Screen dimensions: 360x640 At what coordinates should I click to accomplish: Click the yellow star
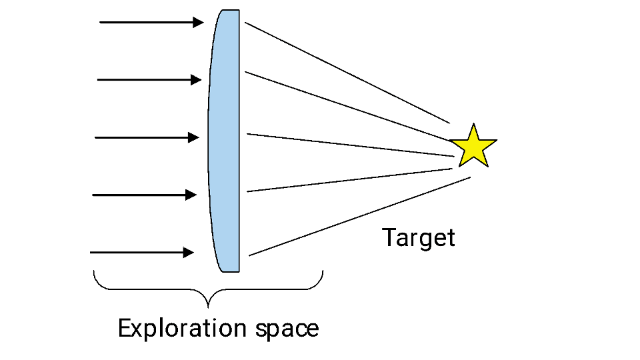[473, 147]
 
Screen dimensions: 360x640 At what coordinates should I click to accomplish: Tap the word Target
[419, 237]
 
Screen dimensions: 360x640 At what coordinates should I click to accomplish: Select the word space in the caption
[287, 329]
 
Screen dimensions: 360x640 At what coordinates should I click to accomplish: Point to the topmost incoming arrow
[151, 23]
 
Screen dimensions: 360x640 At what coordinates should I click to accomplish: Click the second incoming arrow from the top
[149, 80]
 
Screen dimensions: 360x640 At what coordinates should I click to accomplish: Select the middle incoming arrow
[147, 138]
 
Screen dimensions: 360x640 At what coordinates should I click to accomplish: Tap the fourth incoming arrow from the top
[144, 195]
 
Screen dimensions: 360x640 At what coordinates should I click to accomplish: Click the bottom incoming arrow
[141, 253]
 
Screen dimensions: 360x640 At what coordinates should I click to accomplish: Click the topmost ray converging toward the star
[347, 73]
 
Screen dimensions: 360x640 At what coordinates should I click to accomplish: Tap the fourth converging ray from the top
[350, 180]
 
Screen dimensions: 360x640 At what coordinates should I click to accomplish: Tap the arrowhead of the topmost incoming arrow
[198, 23]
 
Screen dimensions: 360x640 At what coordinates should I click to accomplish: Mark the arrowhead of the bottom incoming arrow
[189, 253]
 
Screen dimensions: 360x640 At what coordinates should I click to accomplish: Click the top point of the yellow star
[473, 125]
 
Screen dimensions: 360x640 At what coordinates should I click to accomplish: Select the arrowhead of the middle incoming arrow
[194, 138]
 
